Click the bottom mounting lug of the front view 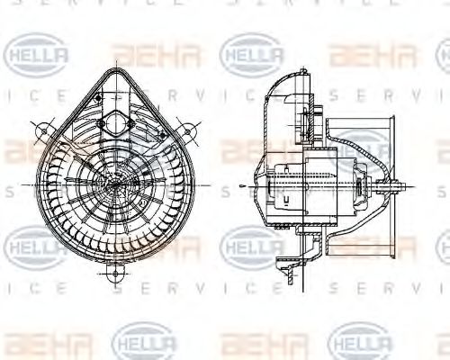coord(116,269)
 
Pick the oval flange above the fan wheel coord(116,120)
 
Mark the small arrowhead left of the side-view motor coord(246,186)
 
